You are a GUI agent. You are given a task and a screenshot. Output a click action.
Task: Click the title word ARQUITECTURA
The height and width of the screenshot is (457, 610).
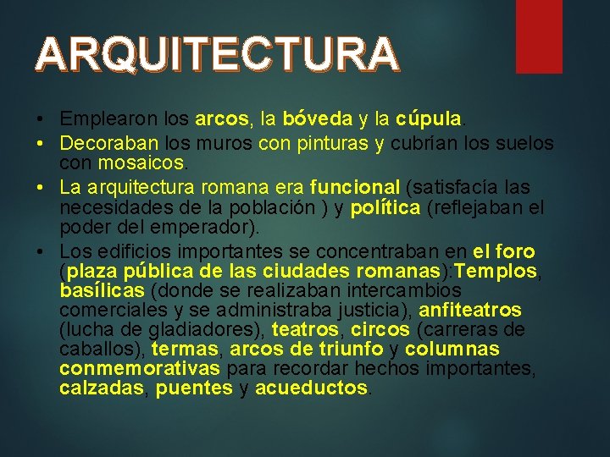tap(217, 54)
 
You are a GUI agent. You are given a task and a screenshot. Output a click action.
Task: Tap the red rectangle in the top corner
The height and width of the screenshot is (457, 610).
tap(539, 36)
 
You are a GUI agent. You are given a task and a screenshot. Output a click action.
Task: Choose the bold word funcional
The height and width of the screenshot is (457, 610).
tap(355, 187)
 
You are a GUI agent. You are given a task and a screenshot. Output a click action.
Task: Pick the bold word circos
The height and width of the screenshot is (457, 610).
tap(380, 330)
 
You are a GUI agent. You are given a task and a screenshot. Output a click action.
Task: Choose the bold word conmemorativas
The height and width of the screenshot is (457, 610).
tap(140, 369)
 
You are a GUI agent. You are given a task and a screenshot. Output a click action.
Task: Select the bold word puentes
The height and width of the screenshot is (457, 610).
tap(194, 388)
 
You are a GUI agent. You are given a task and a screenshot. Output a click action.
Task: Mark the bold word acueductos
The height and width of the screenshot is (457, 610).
tap(311, 388)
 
